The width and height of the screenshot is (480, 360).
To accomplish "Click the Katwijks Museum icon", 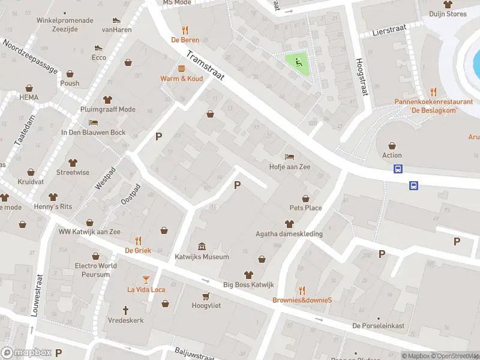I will point(202,247).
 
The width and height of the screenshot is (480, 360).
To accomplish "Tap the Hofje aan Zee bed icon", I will point(290,157).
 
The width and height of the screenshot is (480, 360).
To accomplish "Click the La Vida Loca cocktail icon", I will point(146,279).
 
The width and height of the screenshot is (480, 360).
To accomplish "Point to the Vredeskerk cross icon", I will point(126,310).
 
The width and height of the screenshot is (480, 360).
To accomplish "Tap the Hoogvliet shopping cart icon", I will point(206,296).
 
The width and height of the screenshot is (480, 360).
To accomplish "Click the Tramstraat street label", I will point(205,71).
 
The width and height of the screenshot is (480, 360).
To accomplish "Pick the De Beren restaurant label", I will point(185,40).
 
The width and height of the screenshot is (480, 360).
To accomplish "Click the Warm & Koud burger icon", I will point(181,68).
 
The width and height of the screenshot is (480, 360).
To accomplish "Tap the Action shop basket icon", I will point(392,145).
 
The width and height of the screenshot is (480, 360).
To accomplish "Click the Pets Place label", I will point(305,208).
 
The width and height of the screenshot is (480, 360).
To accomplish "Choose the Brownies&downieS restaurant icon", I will point(302,290).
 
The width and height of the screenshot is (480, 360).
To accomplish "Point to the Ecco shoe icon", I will point(99,47).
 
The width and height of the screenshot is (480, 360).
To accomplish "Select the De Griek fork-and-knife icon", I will point(138,240).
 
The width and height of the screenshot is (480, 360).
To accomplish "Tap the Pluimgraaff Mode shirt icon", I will point(107,100).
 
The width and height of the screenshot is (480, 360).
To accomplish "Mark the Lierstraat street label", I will point(386,30).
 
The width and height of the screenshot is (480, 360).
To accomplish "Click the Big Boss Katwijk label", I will point(248,284).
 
